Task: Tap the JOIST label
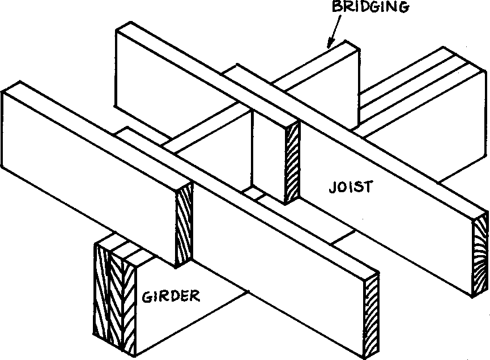[x=351, y=187]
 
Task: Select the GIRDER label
[x=171, y=295]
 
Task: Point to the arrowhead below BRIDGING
[x=329, y=42]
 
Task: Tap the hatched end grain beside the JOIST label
[x=293, y=164]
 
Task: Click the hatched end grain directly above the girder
[x=185, y=227]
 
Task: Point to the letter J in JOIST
[x=332, y=187]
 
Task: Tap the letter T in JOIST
[x=369, y=187]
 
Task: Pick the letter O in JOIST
[x=342, y=187]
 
